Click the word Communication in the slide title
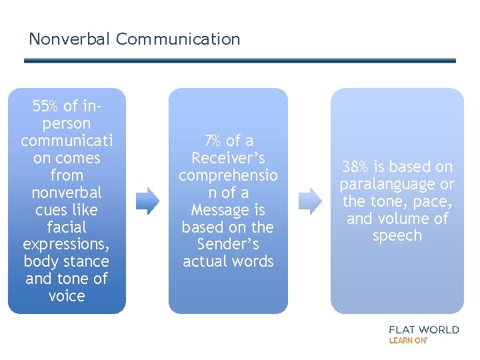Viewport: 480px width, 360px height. [178, 39]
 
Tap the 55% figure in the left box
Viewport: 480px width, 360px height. [45, 106]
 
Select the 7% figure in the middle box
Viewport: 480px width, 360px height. [213, 141]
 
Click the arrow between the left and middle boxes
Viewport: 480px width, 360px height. [148, 200]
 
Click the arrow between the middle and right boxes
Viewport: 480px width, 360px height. [309, 200]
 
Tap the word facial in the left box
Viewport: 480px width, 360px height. [67, 227]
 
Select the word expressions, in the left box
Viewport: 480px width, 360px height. [67, 245]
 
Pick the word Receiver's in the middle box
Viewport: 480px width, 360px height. [228, 158]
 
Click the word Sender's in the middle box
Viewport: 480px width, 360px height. [228, 245]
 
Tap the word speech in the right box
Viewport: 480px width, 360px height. [397, 236]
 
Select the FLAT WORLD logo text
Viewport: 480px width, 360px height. [424, 329]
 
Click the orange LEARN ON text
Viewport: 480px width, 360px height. [407, 340]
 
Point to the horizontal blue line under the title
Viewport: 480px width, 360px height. [240, 61]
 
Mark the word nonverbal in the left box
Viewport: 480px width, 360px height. [67, 193]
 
